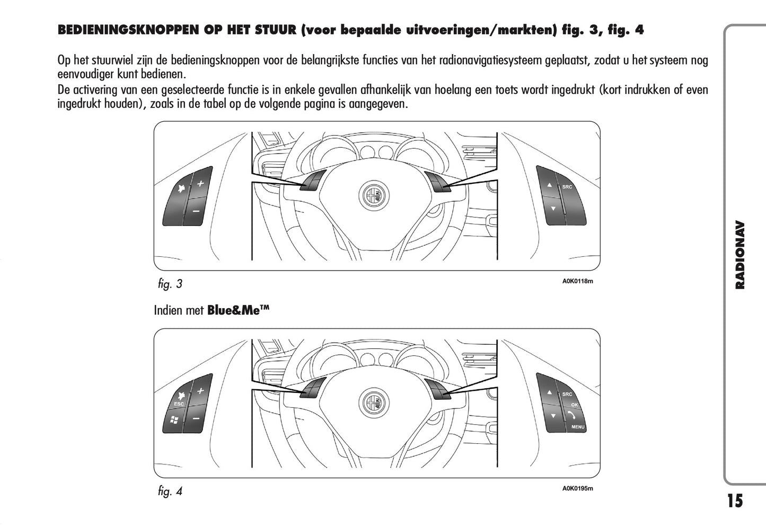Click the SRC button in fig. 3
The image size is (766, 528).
567,187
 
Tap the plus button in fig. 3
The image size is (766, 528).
200,184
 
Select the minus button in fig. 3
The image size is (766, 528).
196,211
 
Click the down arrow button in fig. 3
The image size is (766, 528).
553,208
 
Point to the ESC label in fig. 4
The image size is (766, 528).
179,404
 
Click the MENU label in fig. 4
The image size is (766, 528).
578,427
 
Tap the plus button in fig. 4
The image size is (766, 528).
200,391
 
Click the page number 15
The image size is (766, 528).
735,501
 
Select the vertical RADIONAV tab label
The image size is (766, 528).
740,255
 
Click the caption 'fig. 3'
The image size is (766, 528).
170,284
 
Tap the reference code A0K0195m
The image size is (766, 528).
577,488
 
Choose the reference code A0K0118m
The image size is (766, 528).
577,281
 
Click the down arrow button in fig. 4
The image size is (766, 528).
553,416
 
